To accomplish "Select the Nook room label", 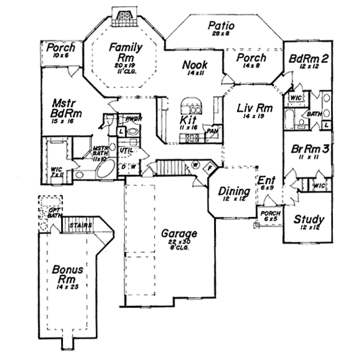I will point(195,64).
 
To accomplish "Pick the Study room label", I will point(309,220).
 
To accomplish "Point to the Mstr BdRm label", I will point(66,108).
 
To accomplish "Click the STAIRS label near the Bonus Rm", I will point(80,226).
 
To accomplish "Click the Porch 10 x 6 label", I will point(61,47).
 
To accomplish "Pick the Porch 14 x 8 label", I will point(251,58).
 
